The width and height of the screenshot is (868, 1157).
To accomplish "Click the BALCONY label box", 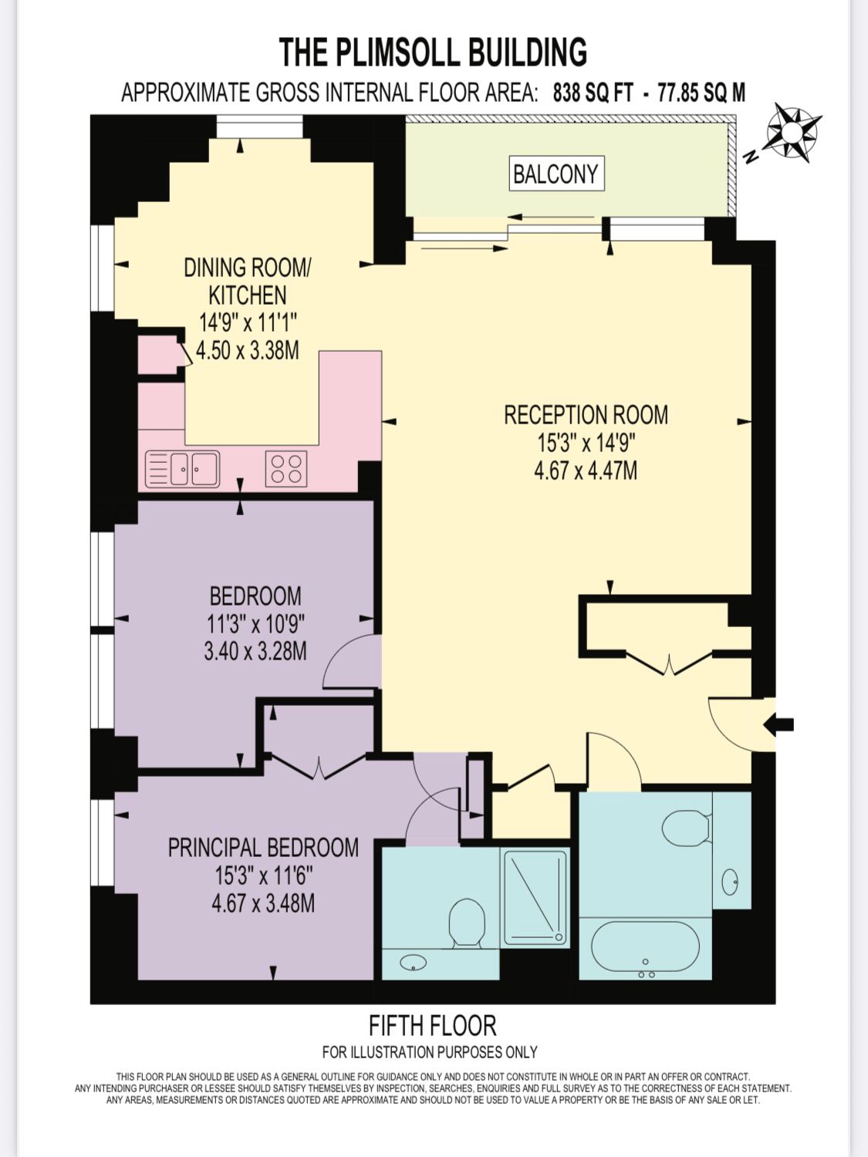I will [556, 174].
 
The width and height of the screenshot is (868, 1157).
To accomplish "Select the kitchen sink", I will [183, 469].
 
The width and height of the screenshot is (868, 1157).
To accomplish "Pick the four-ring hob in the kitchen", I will [285, 469].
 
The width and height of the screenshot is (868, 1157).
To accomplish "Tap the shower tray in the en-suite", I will [535, 896].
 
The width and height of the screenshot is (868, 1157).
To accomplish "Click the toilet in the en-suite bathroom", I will [466, 922].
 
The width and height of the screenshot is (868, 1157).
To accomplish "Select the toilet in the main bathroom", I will [686, 828].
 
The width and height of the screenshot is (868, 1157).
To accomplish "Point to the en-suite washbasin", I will [414, 963].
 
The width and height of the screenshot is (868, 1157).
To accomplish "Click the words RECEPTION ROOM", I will [586, 415].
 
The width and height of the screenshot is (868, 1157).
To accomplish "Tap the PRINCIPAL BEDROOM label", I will [263, 848].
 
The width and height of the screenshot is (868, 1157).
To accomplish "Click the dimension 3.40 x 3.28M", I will [255, 651].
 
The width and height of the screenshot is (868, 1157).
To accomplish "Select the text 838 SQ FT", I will [593, 93].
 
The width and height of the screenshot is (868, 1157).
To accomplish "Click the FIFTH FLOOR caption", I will [432, 1026].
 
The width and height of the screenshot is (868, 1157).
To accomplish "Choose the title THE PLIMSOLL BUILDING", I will [433, 52].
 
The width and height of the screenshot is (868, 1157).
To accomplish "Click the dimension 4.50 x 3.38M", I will [247, 350].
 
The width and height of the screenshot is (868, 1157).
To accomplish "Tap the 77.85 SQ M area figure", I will [701, 93].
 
